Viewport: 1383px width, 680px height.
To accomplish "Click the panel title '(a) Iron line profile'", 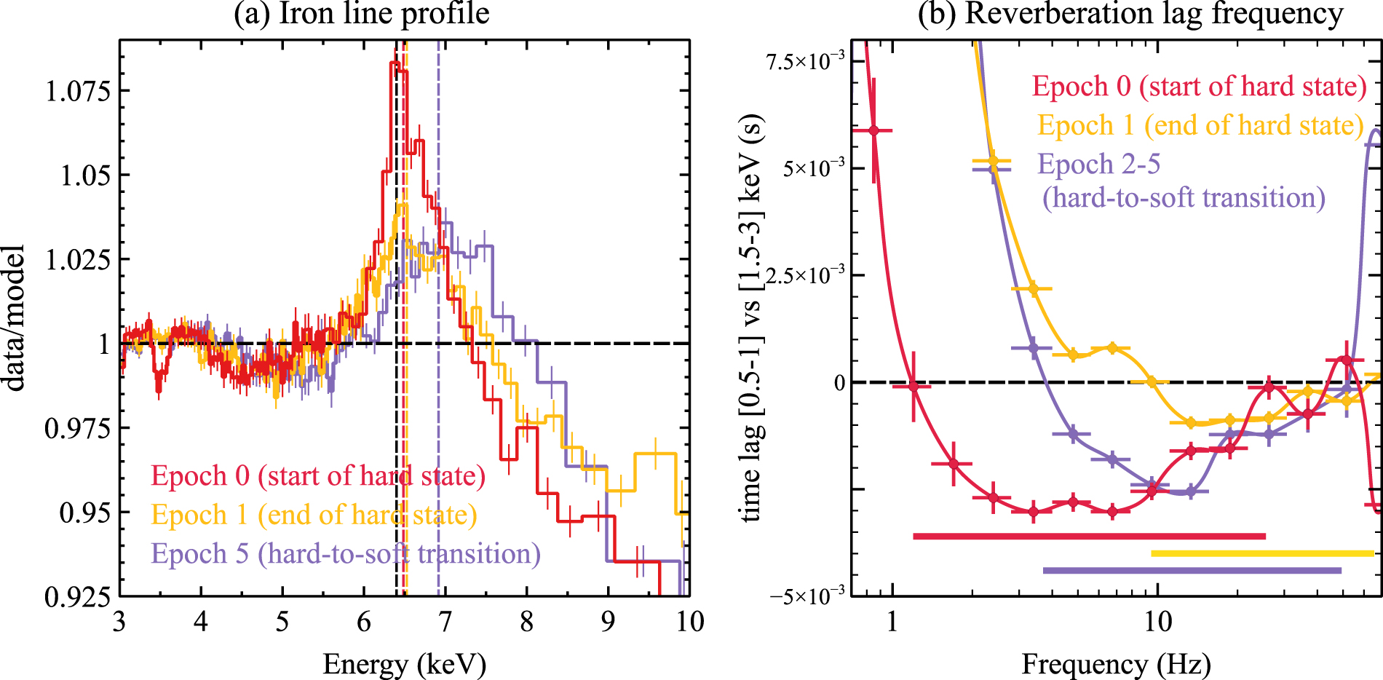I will click(x=361, y=14).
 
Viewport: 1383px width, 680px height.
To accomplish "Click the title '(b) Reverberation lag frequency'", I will click(x=1130, y=14).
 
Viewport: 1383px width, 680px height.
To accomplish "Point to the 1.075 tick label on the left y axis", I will click(x=79, y=91).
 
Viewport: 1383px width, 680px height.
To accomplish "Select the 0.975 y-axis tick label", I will click(x=79, y=428).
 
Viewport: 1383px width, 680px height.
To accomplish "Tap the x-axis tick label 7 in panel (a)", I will click(x=445, y=622).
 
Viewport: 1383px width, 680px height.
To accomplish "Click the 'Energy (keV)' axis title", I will click(x=404, y=664).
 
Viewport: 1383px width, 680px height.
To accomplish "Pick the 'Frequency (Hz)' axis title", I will click(x=1116, y=664).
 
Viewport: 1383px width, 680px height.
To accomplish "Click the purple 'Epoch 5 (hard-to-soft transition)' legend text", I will click(x=346, y=554).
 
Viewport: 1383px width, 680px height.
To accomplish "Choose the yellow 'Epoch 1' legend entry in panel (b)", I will click(x=1200, y=125).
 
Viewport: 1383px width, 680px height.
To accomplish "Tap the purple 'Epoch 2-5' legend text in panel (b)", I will click(x=1098, y=165).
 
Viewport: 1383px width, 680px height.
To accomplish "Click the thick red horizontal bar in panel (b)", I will click(x=1089, y=537).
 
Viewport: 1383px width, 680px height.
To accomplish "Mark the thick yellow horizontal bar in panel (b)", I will click(x=1262, y=553).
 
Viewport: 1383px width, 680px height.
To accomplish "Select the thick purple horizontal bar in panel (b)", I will click(x=1192, y=571).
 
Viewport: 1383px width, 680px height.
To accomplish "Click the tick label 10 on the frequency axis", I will click(x=1157, y=622).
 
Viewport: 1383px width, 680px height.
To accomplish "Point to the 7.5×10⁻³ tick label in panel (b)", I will click(x=805, y=61).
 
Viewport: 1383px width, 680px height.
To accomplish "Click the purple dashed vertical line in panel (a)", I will click(x=438, y=437).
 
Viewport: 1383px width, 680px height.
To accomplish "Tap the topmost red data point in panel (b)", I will click(x=874, y=130).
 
